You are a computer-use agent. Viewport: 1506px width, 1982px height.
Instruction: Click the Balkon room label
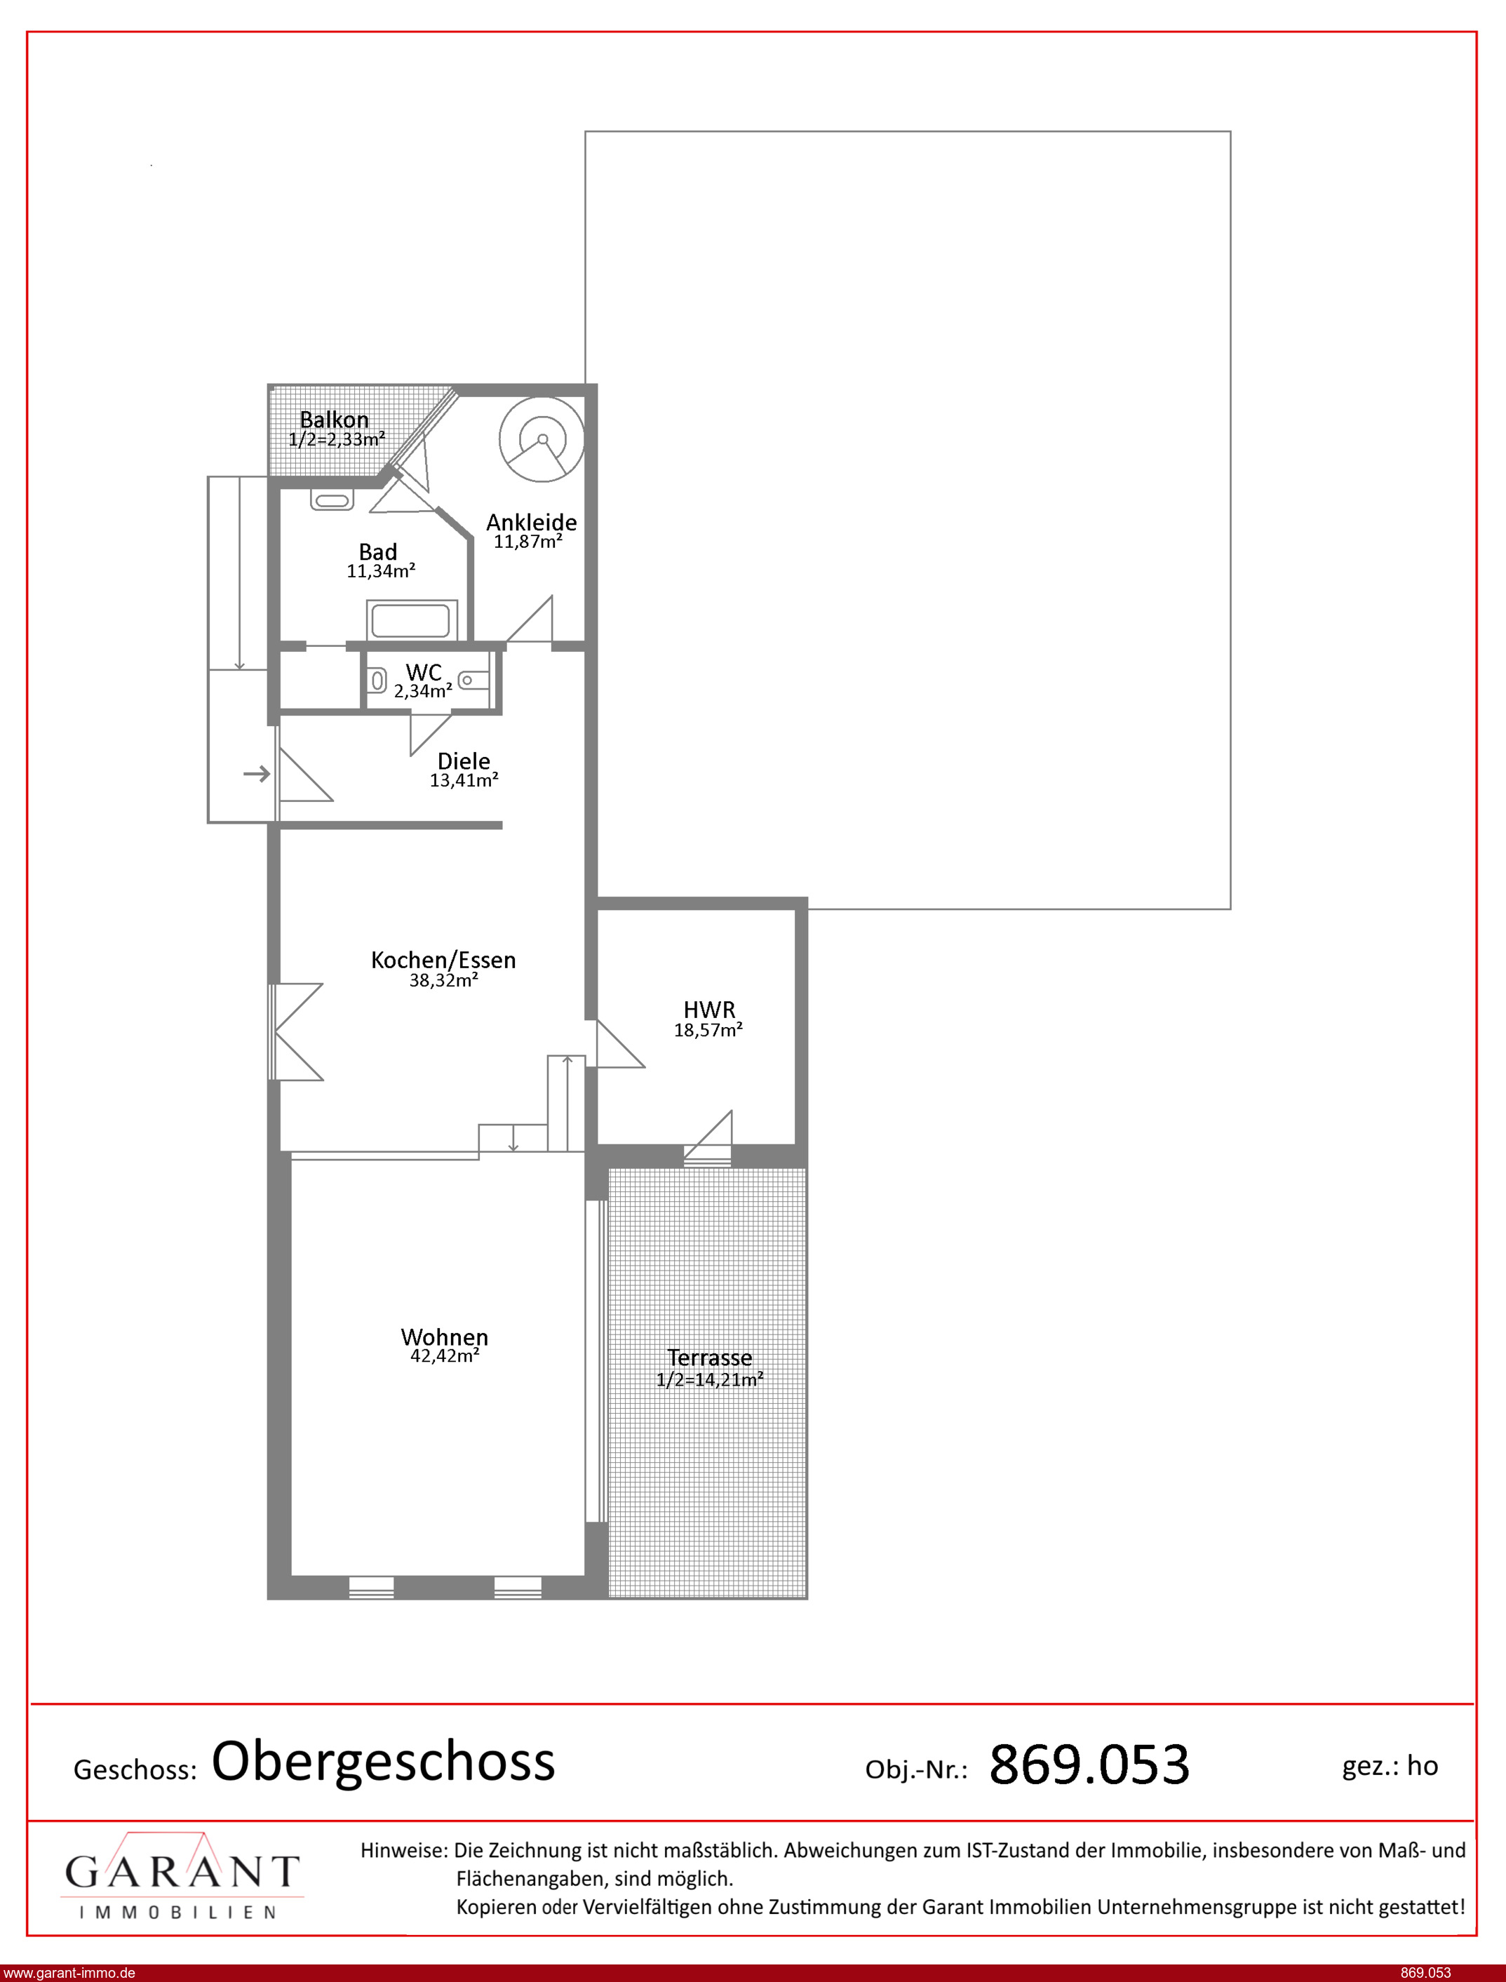tap(333, 420)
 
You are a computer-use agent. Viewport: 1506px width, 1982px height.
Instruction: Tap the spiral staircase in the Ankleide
tap(542, 439)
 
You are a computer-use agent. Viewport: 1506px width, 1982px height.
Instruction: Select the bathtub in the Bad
tap(412, 620)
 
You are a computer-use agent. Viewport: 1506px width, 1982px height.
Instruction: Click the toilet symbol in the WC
tap(377, 682)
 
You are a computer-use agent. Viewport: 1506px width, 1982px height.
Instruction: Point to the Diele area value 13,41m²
tap(464, 781)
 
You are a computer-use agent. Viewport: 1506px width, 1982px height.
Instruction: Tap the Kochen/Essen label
tap(444, 960)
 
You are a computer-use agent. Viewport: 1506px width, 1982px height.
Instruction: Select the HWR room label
tap(709, 1010)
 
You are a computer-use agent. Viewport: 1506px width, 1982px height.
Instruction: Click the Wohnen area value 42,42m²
tap(445, 1356)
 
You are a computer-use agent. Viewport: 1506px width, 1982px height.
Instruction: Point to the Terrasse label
tap(709, 1358)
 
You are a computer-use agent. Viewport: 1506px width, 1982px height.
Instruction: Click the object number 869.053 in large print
tap(1089, 1765)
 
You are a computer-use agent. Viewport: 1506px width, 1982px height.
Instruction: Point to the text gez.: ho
tap(1390, 1766)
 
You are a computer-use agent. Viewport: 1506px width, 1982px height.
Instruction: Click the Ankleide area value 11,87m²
tap(528, 542)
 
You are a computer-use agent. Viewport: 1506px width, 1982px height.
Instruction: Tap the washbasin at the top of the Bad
tap(332, 500)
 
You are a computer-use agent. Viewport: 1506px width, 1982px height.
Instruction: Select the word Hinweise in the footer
tap(403, 1850)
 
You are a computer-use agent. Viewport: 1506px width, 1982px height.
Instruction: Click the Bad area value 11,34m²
tap(381, 571)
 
